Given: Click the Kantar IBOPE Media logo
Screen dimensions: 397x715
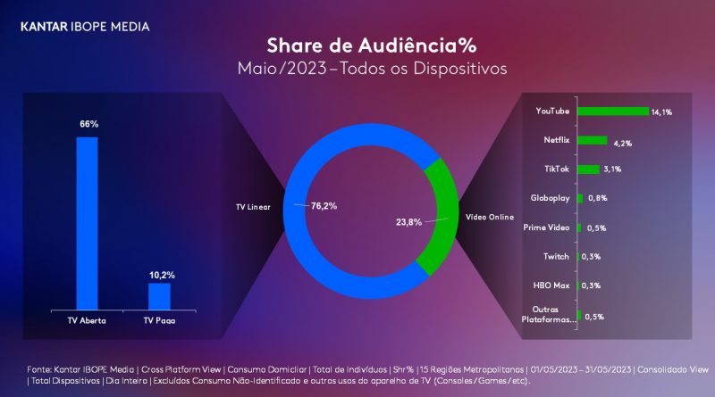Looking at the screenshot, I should pyautogui.click(x=85, y=27).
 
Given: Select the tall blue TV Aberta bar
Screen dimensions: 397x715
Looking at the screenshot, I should pyautogui.click(x=88, y=222).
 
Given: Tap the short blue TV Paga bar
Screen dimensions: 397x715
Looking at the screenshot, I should pyautogui.click(x=159, y=294).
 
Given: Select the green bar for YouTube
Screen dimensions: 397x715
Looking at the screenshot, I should pyautogui.click(x=613, y=112).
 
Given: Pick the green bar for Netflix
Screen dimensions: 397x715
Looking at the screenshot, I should pyautogui.click(x=593, y=140).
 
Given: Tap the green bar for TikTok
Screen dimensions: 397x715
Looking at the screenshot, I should pyautogui.click(x=588, y=170).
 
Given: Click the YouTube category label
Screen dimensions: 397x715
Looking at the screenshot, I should pyautogui.click(x=552, y=111).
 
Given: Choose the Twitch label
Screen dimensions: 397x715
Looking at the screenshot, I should pyautogui.click(x=556, y=256).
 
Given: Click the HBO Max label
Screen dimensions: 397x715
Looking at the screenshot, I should pyautogui.click(x=551, y=285).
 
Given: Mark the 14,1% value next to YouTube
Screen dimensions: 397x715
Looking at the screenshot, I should pyautogui.click(x=661, y=112).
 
